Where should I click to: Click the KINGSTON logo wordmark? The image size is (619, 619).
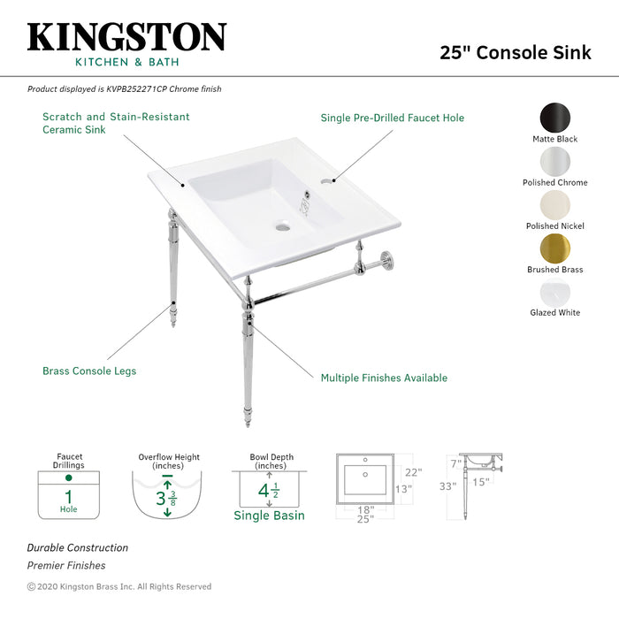tap(126, 37)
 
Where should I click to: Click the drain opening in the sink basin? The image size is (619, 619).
tap(283, 227)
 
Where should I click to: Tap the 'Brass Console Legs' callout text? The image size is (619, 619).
tap(89, 371)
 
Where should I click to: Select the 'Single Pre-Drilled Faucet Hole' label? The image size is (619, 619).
tap(392, 118)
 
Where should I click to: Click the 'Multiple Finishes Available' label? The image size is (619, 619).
tap(384, 378)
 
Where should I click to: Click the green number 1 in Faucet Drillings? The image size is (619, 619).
tap(68, 497)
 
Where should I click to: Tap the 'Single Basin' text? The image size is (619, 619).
tap(269, 516)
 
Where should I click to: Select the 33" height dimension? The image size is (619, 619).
tap(447, 485)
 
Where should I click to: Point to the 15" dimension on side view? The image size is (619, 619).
tap(481, 482)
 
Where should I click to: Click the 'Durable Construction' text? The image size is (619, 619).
tap(78, 547)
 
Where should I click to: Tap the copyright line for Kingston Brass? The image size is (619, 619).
tap(119, 586)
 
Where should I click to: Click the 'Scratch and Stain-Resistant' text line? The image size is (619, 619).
tap(116, 117)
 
